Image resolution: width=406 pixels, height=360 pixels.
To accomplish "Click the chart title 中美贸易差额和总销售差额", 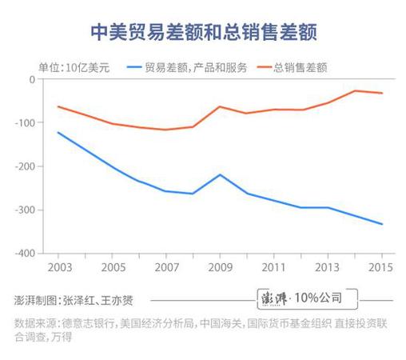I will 202,31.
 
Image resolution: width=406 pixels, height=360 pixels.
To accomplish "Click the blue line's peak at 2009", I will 220,174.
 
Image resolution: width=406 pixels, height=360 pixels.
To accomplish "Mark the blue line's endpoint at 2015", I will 382,224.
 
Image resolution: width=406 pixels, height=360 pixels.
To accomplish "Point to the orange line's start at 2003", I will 58,106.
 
